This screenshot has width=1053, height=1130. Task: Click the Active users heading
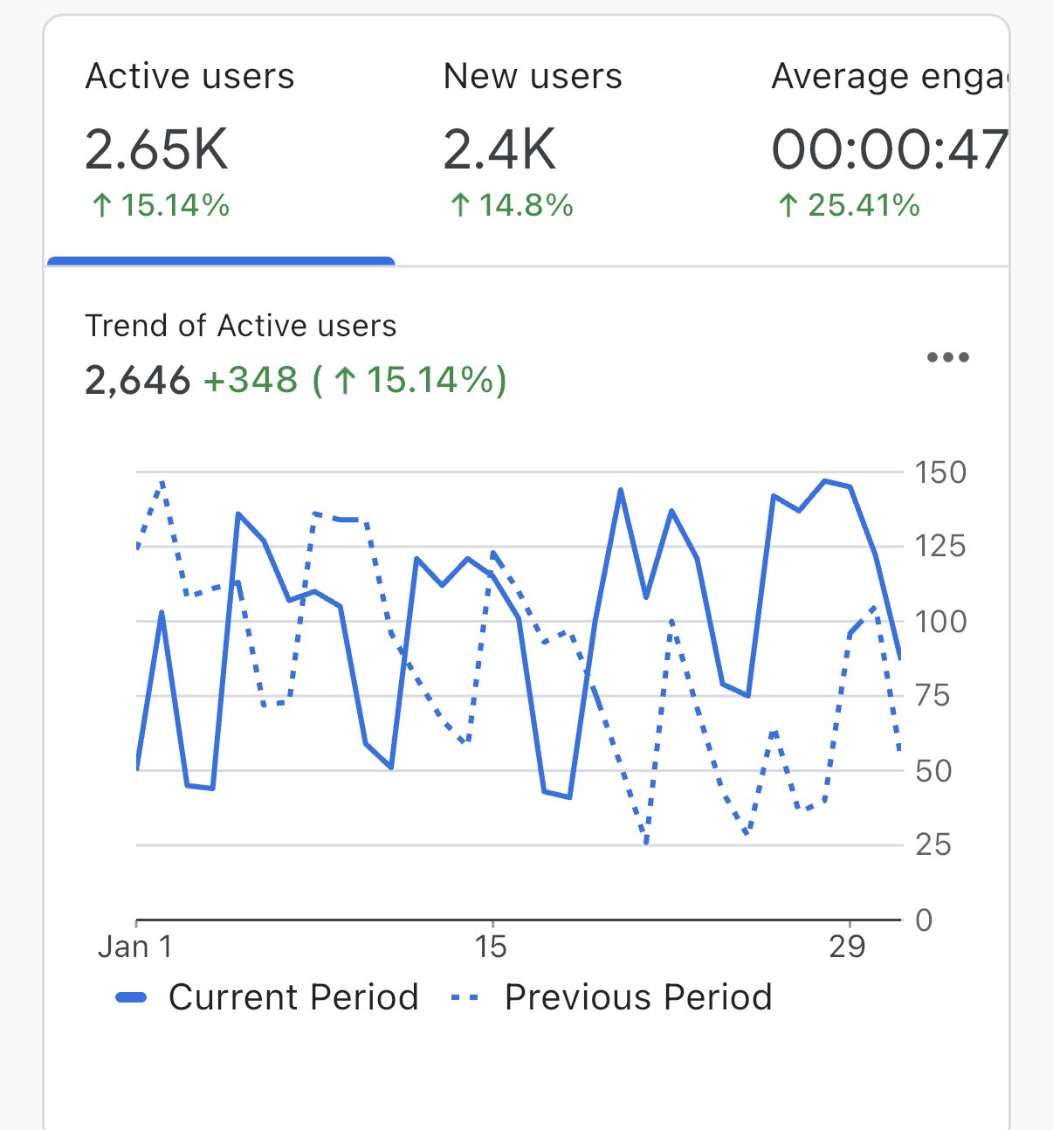(189, 77)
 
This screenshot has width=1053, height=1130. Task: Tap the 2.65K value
(156, 149)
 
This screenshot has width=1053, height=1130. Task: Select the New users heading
(533, 77)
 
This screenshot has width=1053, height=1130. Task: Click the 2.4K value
(499, 149)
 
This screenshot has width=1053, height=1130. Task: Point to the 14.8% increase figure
(512, 206)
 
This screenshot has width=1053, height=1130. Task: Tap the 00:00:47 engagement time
(889, 149)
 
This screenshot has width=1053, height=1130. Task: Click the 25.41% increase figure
(849, 206)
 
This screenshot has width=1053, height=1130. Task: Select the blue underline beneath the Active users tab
(221, 260)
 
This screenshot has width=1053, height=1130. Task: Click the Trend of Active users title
(241, 326)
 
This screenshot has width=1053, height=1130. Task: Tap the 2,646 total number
(137, 381)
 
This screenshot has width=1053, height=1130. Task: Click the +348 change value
(251, 381)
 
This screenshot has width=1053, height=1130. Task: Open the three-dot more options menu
(947, 357)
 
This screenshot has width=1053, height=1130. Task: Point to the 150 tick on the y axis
(939, 472)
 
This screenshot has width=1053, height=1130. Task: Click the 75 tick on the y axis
(932, 696)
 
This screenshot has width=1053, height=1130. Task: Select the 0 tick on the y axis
(924, 920)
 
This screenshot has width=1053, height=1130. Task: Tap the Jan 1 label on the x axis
(135, 947)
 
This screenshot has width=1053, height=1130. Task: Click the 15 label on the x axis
(491, 947)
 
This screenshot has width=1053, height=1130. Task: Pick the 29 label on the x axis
(847, 947)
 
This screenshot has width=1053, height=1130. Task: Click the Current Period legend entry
(267, 997)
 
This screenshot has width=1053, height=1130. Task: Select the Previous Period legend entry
(611, 997)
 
